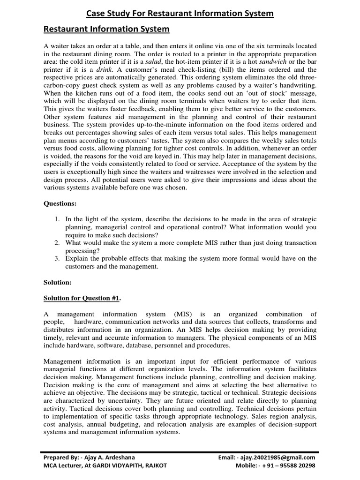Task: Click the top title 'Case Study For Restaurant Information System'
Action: pos(180,14)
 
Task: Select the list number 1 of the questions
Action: pos(57,219)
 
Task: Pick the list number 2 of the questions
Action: pos(57,243)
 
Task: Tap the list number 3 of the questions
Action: pos(57,258)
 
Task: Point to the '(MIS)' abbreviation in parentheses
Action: pos(186,314)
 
